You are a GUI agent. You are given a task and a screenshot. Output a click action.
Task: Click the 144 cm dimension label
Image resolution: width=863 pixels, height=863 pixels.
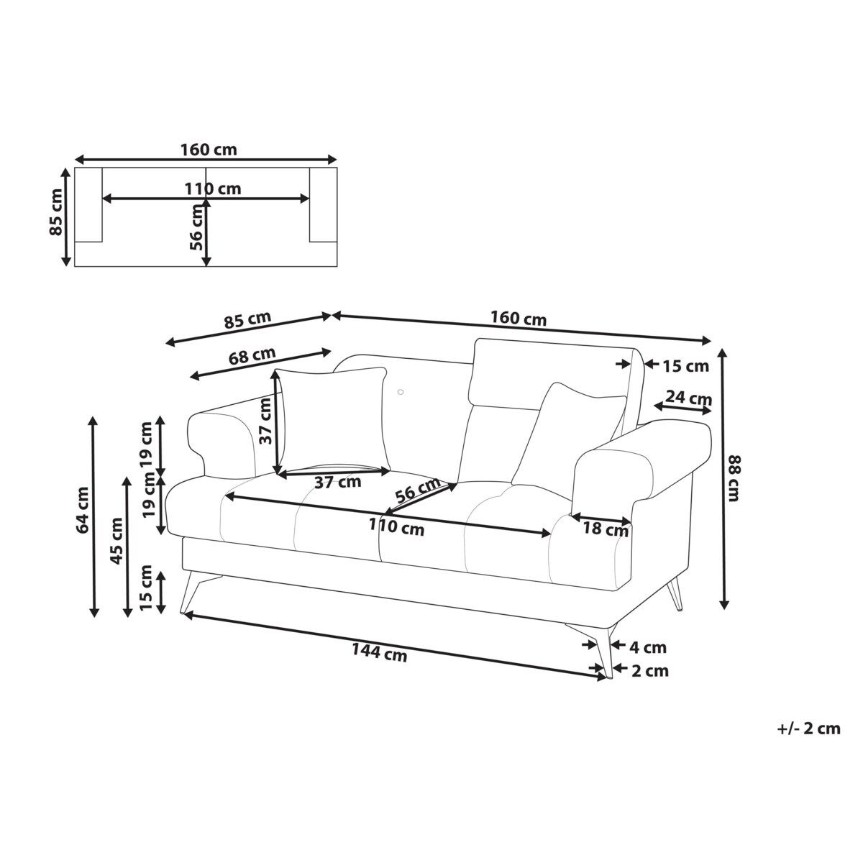click(379, 654)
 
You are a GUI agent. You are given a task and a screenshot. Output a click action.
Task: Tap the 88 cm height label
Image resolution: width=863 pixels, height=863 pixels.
click(734, 478)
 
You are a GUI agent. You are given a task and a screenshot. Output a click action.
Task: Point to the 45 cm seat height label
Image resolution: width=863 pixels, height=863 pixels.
click(117, 549)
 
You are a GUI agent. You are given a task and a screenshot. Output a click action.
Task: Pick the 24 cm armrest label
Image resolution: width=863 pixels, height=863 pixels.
click(688, 398)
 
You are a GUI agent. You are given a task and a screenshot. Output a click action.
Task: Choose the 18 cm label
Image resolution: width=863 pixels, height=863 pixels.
click(605, 530)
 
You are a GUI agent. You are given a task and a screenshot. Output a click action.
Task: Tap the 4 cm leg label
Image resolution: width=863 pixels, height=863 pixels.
click(648, 647)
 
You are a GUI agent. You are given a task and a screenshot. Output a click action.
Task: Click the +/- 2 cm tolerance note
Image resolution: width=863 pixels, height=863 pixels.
click(808, 729)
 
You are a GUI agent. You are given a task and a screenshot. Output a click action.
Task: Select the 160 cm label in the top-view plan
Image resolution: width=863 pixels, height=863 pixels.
click(209, 150)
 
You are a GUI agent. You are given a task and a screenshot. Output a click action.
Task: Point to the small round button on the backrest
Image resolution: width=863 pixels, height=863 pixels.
click(400, 392)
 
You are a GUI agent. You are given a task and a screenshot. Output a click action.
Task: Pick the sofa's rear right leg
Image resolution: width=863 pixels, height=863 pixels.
click(675, 595)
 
